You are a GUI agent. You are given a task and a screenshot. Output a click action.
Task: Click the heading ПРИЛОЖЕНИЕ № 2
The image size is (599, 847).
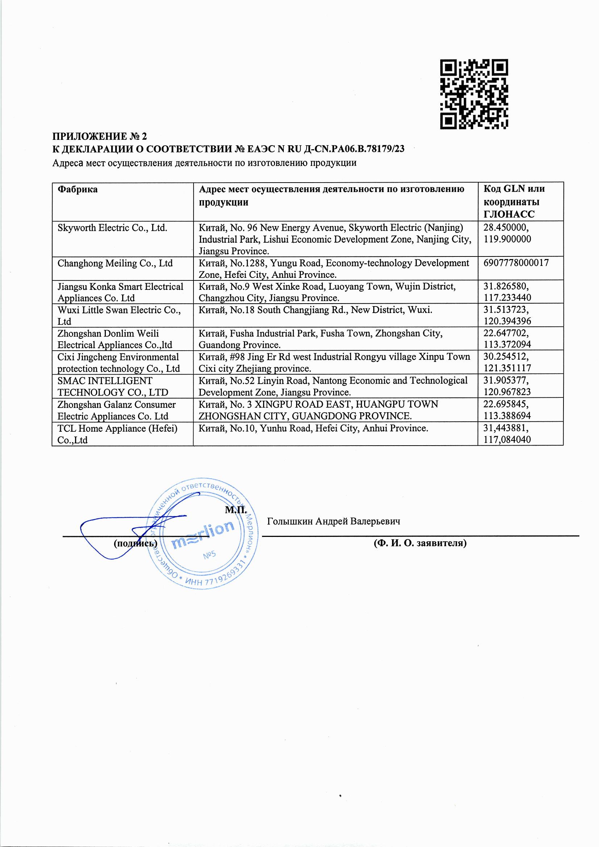coord(100,137)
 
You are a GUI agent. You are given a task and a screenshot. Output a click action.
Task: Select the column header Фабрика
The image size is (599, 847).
coord(78,189)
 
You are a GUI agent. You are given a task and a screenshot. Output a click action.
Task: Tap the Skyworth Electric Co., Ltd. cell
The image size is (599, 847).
coord(113,228)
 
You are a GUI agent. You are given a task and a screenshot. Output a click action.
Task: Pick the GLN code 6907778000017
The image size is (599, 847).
coord(516,263)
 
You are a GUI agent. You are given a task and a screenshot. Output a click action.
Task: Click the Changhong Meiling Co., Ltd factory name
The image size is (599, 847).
coord(115,263)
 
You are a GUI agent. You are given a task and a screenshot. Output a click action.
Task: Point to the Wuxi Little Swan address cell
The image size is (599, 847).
coord(315,310)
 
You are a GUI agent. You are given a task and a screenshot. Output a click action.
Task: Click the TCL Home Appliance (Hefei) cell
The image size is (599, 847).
coord(118,434)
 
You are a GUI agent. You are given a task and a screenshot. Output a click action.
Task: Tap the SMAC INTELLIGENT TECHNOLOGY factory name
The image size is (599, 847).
coord(113,386)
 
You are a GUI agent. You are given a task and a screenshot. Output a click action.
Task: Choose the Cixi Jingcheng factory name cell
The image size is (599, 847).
coord(118,363)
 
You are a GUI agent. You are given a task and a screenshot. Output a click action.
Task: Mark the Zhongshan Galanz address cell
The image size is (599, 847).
coord(318,410)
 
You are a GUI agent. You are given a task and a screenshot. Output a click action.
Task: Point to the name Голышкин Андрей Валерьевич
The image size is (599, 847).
coord(334,521)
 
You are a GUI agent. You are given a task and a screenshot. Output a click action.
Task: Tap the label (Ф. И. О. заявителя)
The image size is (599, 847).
coord(420,543)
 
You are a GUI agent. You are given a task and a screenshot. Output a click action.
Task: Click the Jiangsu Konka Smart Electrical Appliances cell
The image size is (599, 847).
coord(120,292)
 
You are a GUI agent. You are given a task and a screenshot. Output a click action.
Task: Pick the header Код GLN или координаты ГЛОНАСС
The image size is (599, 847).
coord(514,202)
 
